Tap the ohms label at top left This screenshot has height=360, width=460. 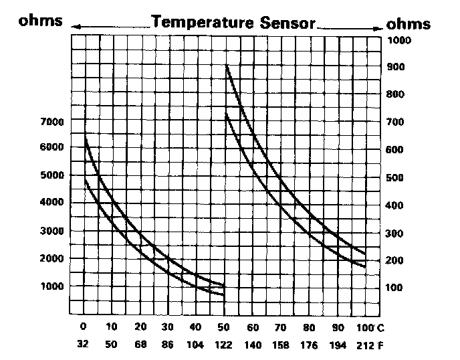point(41,21)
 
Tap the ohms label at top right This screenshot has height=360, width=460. point(409,24)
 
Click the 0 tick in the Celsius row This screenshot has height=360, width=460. point(84,327)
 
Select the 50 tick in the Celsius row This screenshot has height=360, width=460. point(223,327)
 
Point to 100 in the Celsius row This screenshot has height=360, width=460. point(362,327)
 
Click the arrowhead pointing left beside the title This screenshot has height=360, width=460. point(74,26)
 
